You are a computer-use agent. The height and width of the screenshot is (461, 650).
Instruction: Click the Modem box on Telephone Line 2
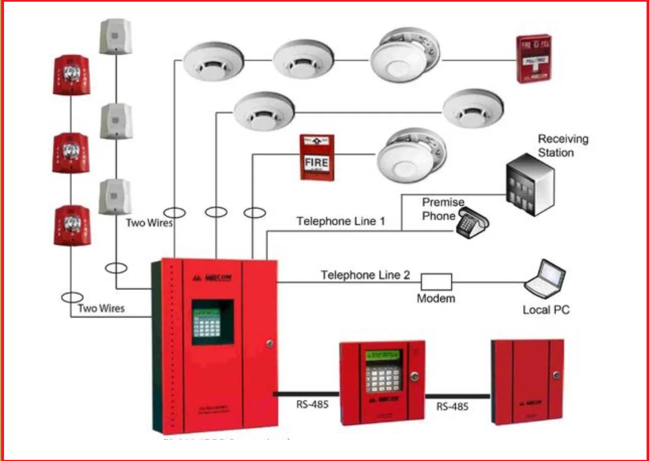[x=436, y=282]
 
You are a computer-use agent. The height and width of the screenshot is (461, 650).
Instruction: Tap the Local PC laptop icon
[x=545, y=279]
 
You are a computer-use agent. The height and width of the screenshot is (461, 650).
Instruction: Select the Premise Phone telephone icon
[x=471, y=222]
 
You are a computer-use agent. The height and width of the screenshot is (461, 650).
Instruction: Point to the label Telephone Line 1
[x=341, y=221]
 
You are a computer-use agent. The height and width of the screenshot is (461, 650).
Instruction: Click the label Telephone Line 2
[x=365, y=275]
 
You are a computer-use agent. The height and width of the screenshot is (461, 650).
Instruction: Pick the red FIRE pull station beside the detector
[x=317, y=157]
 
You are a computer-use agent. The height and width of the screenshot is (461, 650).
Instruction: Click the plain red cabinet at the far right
[x=527, y=381]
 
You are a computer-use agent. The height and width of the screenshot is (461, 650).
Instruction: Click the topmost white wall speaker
[x=115, y=36]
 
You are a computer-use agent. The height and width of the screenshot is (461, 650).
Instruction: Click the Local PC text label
[x=546, y=309]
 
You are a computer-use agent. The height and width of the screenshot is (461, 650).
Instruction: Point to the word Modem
[x=436, y=298]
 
